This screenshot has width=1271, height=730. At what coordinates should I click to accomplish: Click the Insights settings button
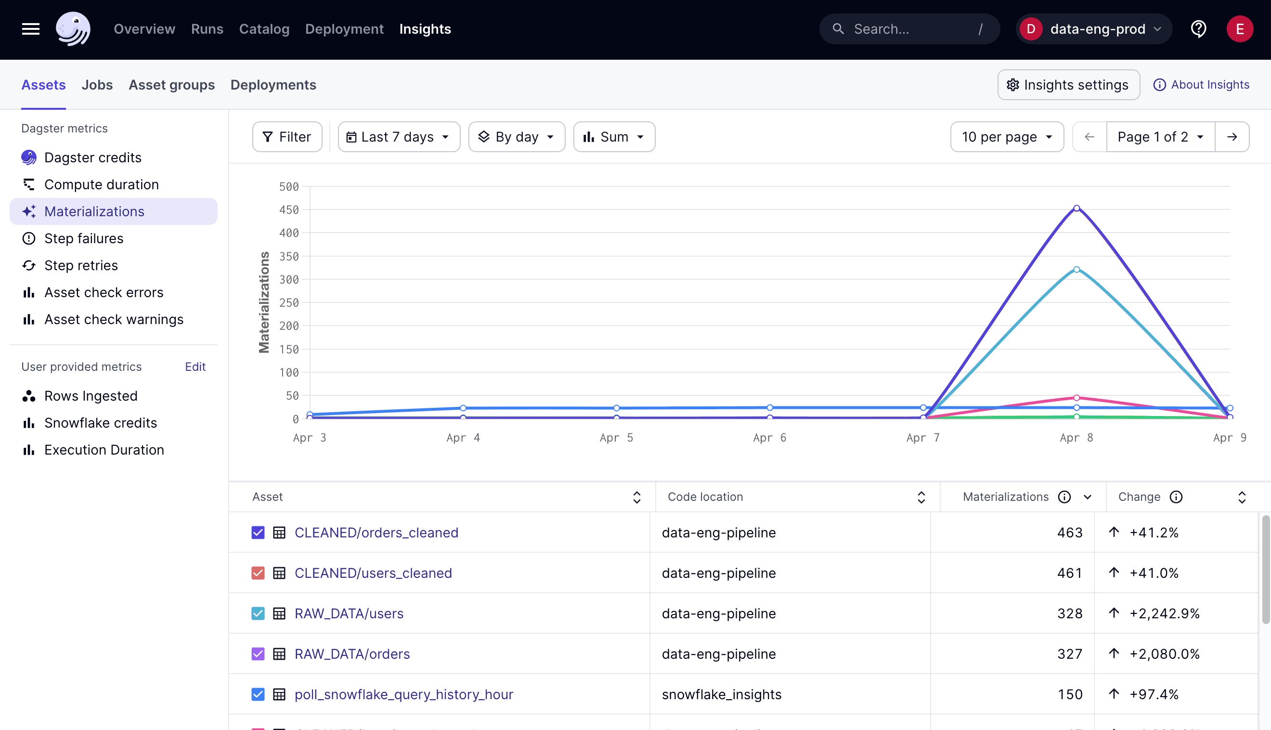[1068, 85]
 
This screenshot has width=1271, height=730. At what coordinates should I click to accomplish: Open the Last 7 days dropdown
[399, 137]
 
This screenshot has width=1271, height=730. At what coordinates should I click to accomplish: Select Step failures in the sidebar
[84, 239]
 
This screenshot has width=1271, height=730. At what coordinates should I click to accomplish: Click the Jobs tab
[97, 85]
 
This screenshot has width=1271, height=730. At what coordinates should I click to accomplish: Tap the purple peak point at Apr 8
[1076, 209]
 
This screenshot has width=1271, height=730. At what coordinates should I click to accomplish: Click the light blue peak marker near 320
[1076, 270]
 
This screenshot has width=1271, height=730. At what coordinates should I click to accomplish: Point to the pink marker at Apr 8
[1076, 398]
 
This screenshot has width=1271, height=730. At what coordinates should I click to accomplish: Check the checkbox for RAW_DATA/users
[258, 613]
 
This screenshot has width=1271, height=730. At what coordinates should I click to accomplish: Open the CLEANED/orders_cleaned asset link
[376, 533]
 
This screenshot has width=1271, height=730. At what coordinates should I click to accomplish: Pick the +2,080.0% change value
[1164, 654]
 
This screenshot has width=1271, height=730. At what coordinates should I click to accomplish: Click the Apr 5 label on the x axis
[616, 438]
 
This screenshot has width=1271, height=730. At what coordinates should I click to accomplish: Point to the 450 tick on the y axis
[289, 210]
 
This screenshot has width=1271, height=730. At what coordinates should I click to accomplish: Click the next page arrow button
[1232, 137]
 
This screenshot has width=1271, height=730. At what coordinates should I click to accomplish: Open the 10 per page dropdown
[1006, 137]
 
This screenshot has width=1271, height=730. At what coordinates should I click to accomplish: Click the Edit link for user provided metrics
[195, 367]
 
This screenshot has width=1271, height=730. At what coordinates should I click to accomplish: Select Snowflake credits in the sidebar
[100, 423]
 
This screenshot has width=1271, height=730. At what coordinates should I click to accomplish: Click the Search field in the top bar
[909, 29]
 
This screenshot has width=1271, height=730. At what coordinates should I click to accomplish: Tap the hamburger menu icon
[31, 29]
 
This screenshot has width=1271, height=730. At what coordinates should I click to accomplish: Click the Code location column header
[705, 497]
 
